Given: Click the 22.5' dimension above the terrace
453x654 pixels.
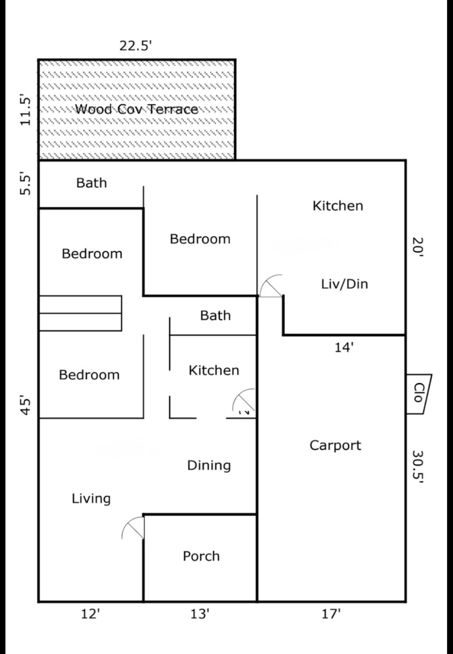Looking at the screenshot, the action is pos(136,46).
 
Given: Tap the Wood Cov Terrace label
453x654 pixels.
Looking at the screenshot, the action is pos(137,109).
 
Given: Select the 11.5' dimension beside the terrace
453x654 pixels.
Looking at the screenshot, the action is pos(25,110).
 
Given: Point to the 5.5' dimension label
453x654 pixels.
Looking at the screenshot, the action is pos(25,185).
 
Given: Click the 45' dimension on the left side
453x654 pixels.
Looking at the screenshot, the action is pos(26,404).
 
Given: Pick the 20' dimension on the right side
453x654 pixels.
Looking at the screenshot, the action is pos(417,247).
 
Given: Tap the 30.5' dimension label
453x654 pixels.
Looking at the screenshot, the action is pos(418,467).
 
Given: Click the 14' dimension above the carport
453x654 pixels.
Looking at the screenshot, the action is pos(344,348).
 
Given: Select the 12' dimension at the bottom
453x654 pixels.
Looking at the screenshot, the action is pos(91,614).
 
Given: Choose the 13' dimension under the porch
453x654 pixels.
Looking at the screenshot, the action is pos(200,614).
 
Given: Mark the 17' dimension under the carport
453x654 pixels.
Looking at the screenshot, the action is pos(331,614).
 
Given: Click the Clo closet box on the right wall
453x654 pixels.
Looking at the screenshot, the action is pos(419,394).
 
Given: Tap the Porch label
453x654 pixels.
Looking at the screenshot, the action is pos(201,556).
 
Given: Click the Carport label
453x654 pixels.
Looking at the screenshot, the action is pos(335,446).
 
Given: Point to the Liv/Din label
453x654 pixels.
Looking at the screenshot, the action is pos(345,284).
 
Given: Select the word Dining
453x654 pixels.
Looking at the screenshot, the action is pos(209,466).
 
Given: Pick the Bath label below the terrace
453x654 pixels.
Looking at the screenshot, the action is pos(91,183).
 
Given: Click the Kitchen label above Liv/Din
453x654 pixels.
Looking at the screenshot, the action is pos(338,206).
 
